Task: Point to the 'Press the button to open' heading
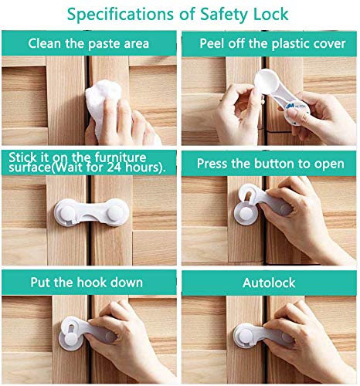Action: (x=270, y=164)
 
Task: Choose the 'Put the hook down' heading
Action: (x=89, y=283)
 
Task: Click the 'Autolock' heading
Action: (x=270, y=283)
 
